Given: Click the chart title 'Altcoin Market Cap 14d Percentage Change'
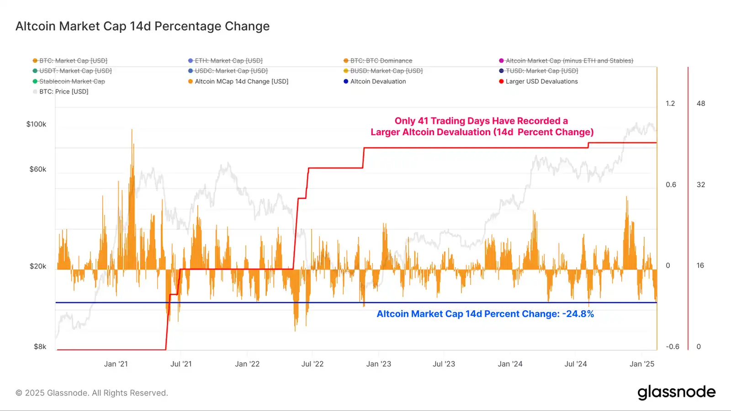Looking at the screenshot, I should point(143,26).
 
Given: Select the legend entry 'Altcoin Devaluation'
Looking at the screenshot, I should point(378,81).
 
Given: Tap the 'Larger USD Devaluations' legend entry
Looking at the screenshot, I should point(541,81).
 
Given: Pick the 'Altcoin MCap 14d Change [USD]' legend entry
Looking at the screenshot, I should point(241,81).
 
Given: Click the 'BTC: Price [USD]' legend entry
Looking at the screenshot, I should point(64,91).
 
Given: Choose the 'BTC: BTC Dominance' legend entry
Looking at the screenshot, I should point(381,61).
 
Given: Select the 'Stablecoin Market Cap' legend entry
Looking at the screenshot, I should point(72,81).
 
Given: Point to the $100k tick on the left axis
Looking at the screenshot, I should point(36,124).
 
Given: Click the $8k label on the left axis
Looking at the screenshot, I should point(40,347).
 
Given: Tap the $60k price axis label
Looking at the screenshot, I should point(38,169).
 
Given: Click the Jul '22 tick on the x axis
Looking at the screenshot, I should point(313,364).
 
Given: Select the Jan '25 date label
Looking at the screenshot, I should point(642,364).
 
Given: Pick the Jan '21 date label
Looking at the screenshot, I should point(116,364).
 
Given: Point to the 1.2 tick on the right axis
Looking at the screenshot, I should point(670,104).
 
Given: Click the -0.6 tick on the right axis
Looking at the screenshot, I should point(673,347).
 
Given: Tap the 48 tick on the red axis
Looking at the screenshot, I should point(701,104).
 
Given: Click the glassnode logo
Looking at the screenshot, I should point(676,392).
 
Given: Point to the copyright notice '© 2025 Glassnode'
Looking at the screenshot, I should point(92,393).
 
